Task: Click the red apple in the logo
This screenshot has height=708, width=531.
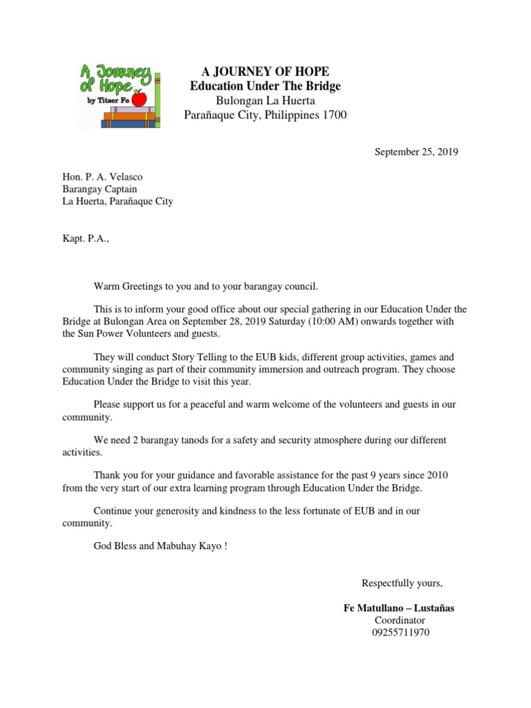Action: click(139, 99)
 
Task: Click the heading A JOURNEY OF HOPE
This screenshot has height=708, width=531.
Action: click(265, 72)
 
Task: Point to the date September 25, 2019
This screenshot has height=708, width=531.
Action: click(416, 152)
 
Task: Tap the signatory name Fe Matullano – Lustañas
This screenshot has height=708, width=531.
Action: click(399, 608)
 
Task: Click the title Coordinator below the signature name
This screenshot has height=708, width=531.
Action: click(399, 620)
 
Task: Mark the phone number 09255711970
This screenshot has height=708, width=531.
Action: click(400, 633)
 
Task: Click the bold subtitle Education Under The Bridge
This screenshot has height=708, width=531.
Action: click(265, 86)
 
